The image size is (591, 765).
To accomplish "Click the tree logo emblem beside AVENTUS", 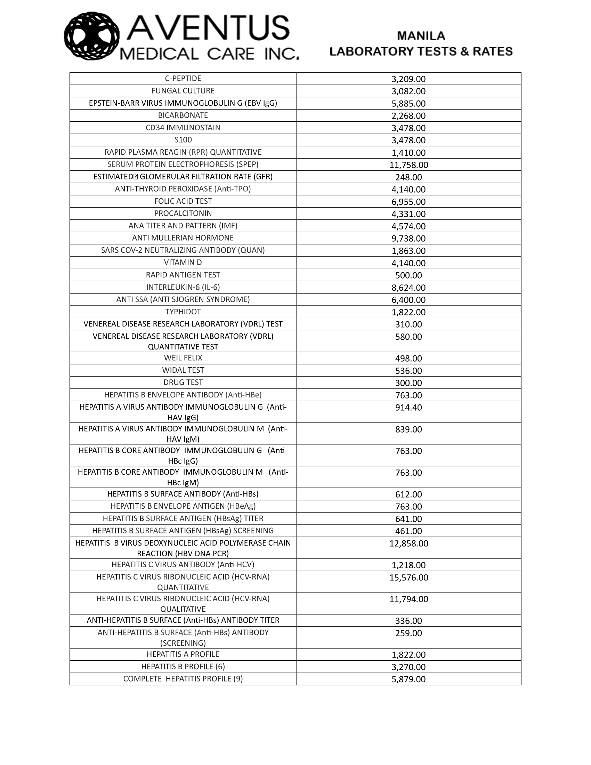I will [x=92, y=36].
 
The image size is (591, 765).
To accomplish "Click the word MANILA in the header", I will [x=421, y=36].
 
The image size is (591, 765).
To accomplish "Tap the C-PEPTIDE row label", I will [x=183, y=79].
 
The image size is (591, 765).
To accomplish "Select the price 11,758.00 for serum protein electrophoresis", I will [x=408, y=165].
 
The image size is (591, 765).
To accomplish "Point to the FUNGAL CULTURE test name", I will [x=183, y=91].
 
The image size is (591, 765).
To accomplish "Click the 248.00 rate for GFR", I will [x=408, y=177].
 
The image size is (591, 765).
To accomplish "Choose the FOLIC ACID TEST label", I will [x=183, y=201].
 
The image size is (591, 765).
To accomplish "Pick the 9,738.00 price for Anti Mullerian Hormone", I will [x=408, y=239].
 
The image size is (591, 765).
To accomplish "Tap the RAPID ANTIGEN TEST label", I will [x=183, y=275].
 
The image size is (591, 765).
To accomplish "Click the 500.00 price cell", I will [x=408, y=275].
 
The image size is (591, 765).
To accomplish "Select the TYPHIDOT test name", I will [x=183, y=312].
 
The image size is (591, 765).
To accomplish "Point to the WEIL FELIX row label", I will [x=183, y=357].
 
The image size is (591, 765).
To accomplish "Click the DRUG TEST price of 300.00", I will [x=408, y=383].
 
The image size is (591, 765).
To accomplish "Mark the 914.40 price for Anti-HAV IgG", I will [x=408, y=408].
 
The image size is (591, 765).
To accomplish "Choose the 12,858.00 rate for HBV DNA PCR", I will [x=408, y=543].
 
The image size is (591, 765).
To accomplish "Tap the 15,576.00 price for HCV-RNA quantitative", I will [x=408, y=578].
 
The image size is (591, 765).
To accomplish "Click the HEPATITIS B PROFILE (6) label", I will [x=183, y=667].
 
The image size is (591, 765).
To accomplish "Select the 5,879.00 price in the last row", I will [x=408, y=679].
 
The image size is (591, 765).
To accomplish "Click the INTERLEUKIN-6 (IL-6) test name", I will [x=183, y=287].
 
